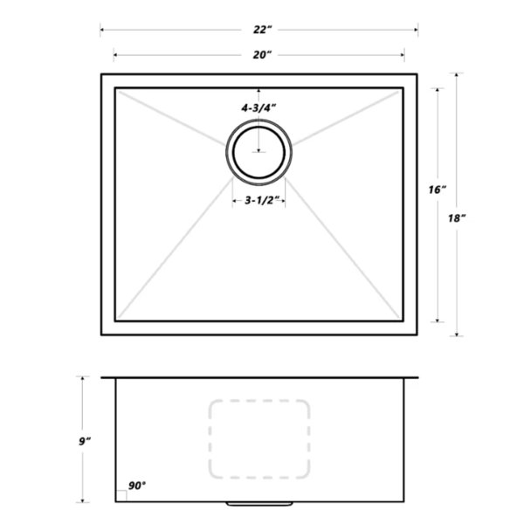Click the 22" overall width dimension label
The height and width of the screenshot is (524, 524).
click(260, 30)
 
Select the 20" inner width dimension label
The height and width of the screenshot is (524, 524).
click(262, 55)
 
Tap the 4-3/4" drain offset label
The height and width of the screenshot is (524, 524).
click(259, 108)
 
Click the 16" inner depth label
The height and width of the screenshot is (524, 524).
click(438, 190)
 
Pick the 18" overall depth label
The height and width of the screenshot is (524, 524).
click(457, 218)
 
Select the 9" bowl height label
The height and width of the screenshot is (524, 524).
click(85, 441)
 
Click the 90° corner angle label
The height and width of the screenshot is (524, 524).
click(137, 486)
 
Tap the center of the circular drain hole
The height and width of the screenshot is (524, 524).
click(259, 152)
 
